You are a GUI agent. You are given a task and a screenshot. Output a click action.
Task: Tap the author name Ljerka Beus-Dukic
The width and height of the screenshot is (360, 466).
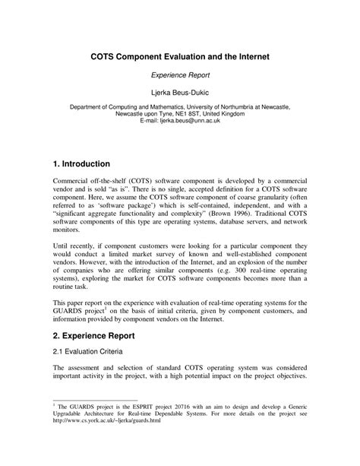pos(180,94)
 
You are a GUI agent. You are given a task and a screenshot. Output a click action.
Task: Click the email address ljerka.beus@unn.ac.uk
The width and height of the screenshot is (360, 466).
pos(193,121)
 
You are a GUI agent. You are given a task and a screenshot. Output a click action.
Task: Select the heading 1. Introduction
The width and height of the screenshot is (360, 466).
pos(83,163)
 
